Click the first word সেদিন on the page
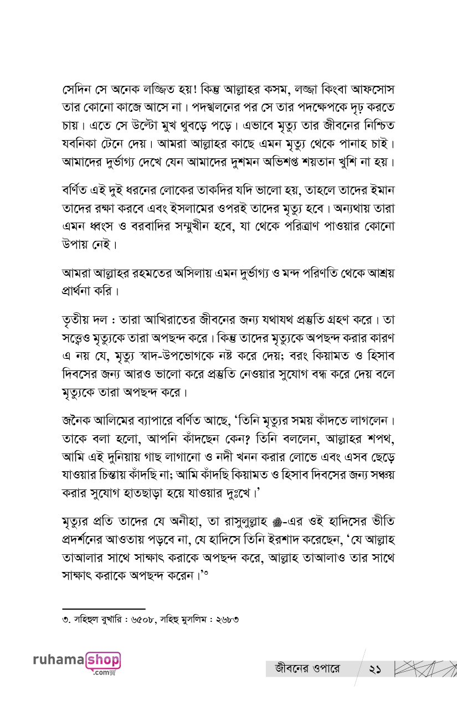click(x=76, y=89)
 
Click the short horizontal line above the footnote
click(x=104, y=609)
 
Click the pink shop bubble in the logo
click(x=103, y=661)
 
